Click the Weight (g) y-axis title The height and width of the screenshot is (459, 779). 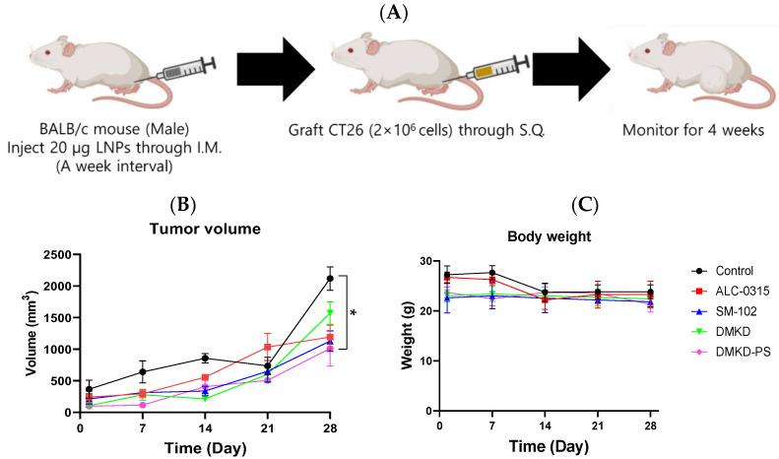click(x=401, y=336)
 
